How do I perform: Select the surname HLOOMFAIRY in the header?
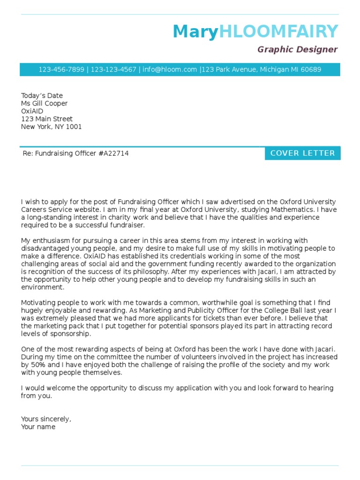pos(278,32)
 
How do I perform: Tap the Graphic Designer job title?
pos(297,49)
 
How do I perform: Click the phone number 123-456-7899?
pos(61,69)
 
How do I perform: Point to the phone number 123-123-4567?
pos(113,69)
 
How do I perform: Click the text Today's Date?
pos(42,96)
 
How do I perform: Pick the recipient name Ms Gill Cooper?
pos(44,103)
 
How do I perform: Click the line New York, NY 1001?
pos(51,127)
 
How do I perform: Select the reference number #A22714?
pos(113,153)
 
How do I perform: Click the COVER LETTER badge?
pos(302,153)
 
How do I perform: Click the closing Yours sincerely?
pos(46,419)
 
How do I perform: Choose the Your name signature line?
pos(38,427)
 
